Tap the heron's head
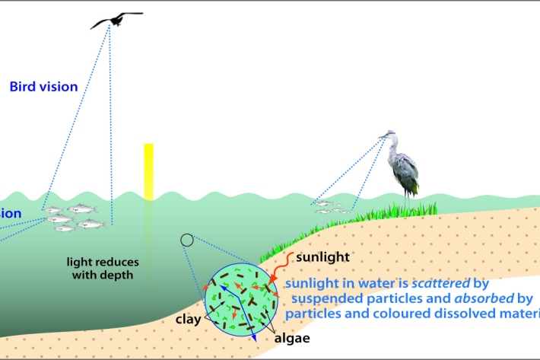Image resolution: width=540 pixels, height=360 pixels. pos(388,137)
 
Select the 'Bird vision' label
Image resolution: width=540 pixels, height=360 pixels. pos(43,87)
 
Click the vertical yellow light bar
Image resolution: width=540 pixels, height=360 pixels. pos(148,171)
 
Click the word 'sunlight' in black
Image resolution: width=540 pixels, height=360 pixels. pos(322,256)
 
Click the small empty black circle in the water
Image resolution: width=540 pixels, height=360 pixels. pos(186,241)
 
